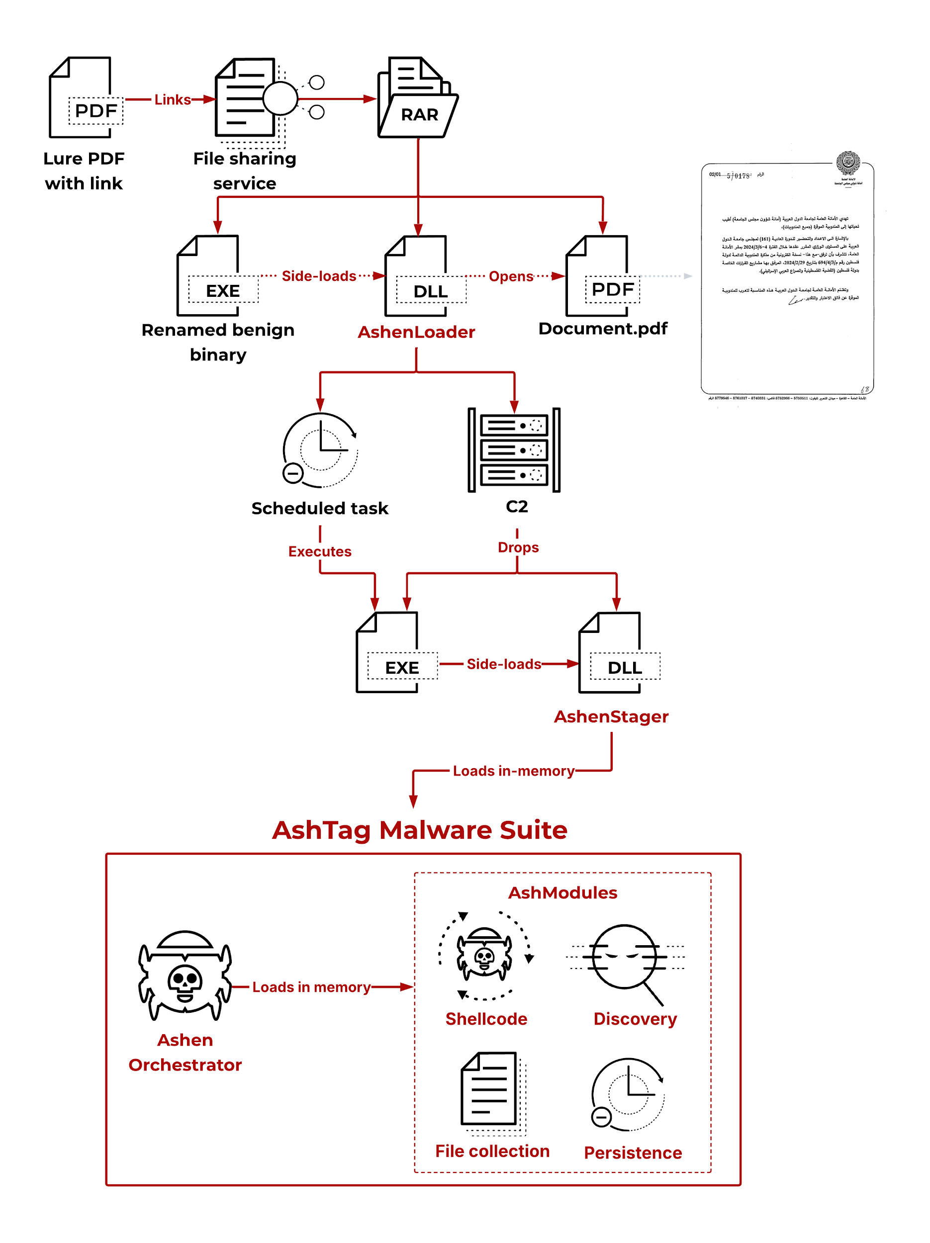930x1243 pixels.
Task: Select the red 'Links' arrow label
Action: tap(172, 99)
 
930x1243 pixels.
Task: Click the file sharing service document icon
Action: tap(247, 98)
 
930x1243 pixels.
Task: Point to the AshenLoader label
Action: tap(416, 332)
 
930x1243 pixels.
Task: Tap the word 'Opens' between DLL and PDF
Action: tap(510, 276)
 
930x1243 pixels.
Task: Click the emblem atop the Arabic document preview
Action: tap(847, 163)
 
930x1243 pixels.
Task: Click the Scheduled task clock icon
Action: tap(320, 449)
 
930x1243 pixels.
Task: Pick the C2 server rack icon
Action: tap(514, 449)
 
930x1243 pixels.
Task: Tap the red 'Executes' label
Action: tap(320, 551)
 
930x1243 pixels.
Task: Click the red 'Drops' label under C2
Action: tap(518, 547)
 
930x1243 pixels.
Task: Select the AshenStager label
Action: tap(611, 716)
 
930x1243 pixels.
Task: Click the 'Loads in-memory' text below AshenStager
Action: tap(513, 771)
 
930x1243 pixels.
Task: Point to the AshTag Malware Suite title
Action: tap(419, 830)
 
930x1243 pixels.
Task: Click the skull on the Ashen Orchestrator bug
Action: tap(185, 981)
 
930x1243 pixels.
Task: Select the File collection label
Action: tap(492, 1151)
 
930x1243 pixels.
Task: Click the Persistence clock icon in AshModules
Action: tap(627, 1094)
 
